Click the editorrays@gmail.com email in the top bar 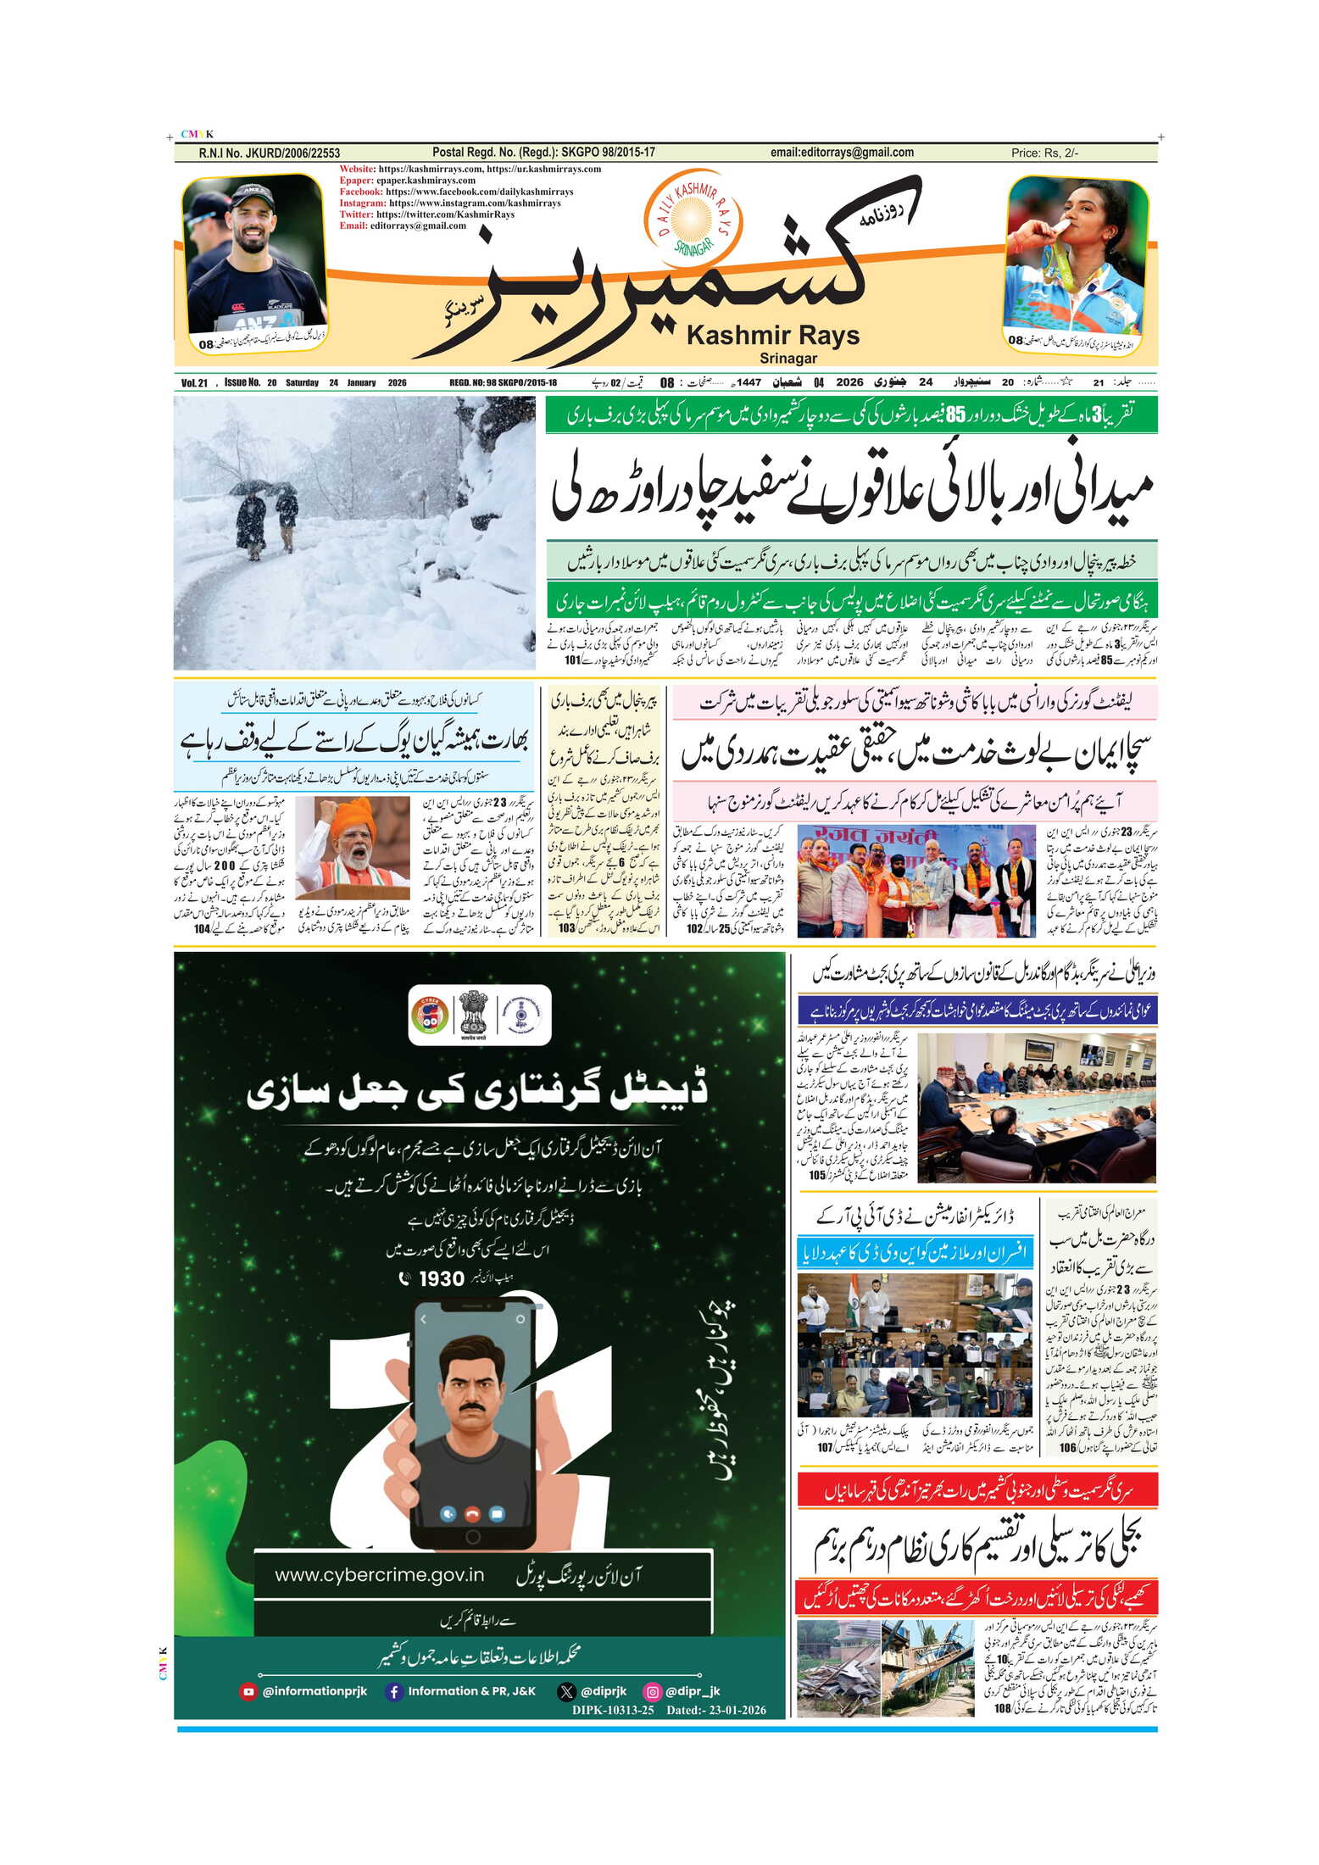pos(841,153)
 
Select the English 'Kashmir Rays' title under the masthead pos(772,336)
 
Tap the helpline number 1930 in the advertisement pos(442,1279)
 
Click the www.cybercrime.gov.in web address pos(379,1575)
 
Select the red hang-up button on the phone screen pos(472,1513)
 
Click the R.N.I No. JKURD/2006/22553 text pos(269,153)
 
